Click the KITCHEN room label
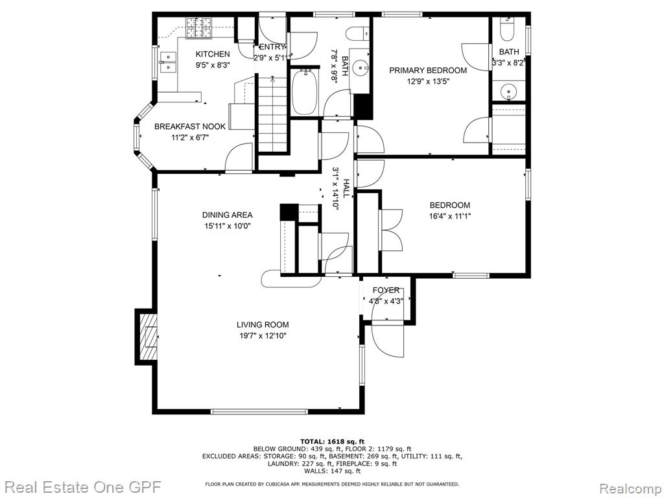(x=213, y=54)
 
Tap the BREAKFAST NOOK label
(x=190, y=126)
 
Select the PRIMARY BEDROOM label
(x=428, y=70)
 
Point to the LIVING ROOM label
(x=263, y=325)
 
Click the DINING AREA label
(x=228, y=215)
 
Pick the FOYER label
(x=386, y=290)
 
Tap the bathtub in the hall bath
(x=305, y=92)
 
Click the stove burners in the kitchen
(x=199, y=27)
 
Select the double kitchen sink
(x=169, y=62)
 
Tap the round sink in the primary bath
(x=507, y=91)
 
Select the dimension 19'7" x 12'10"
(x=262, y=336)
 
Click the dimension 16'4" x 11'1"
(x=450, y=216)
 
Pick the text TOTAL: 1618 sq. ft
(x=332, y=441)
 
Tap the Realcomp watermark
(x=630, y=488)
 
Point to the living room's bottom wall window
(x=259, y=411)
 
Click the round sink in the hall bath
(x=361, y=67)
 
